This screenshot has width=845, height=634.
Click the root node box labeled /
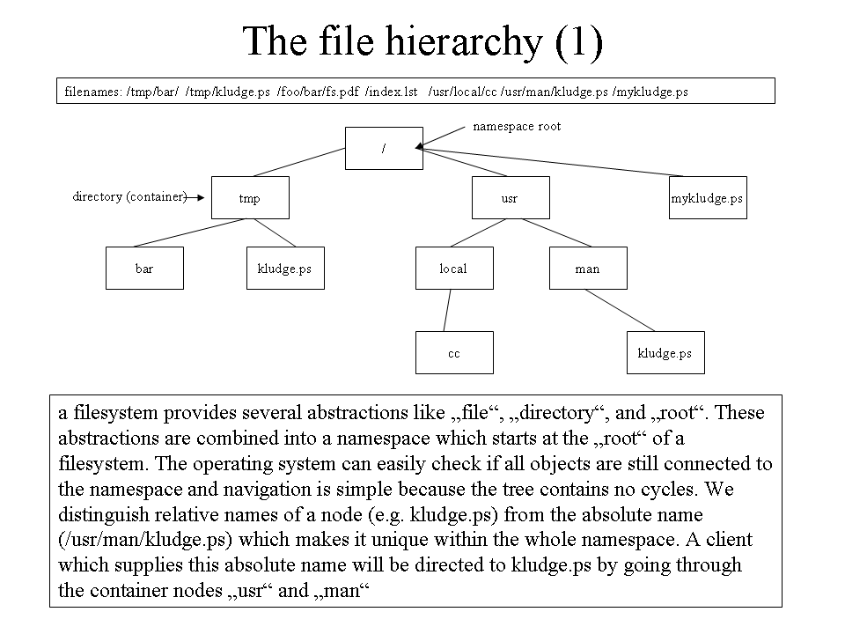[384, 148]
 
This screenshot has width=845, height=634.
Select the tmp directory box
[250, 198]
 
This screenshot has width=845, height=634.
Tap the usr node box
[511, 198]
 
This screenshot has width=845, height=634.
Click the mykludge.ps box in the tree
[708, 198]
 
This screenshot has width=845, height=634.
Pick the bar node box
[144, 268]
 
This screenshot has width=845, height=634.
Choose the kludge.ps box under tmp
[285, 268]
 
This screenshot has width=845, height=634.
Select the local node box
[454, 268]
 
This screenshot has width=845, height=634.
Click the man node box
[588, 268]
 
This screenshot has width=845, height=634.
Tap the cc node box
[454, 352]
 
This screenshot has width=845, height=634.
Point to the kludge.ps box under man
[665, 352]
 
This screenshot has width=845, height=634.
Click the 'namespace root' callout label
[517, 126]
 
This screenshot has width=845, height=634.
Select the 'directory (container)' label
[129, 196]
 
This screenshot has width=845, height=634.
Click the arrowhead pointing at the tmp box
[201, 198]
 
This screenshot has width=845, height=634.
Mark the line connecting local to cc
[447, 311]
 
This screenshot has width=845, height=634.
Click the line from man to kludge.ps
[621, 311]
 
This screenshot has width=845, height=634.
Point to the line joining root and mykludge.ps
[554, 162]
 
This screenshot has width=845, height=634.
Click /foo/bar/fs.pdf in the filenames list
[318, 92]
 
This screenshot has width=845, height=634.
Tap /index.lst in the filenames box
[391, 92]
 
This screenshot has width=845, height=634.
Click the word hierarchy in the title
[464, 42]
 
